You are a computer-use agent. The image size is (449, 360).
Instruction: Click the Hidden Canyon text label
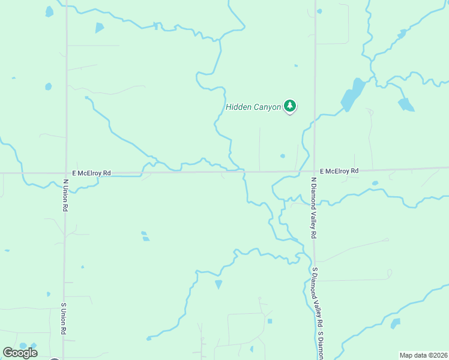(x=253, y=107)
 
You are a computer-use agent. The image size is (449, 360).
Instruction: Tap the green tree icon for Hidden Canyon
(x=291, y=106)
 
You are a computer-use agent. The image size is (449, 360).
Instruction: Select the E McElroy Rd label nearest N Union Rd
(x=91, y=173)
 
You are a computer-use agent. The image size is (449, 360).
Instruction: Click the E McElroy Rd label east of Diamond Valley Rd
(x=339, y=171)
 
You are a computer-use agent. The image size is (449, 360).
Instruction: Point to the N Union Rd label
(x=65, y=194)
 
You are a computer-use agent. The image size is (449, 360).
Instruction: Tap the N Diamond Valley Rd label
(x=313, y=208)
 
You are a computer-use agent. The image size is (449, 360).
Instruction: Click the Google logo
(x=20, y=352)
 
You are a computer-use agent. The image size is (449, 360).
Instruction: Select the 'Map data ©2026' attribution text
(x=424, y=355)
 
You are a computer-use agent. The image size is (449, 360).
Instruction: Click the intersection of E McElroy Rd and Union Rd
(x=65, y=173)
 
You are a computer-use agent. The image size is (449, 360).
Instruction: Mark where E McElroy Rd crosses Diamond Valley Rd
(x=315, y=172)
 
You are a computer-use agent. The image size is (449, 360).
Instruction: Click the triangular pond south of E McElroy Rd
(x=218, y=284)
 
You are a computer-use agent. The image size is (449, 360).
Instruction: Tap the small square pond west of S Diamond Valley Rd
(x=270, y=321)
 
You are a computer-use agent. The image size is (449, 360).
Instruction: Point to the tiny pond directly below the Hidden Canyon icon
(x=282, y=156)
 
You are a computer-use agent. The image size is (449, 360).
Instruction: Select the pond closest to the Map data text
(x=395, y=323)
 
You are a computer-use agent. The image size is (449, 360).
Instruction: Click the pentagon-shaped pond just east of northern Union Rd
(x=99, y=28)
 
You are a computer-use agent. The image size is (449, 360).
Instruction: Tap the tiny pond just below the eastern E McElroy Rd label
(x=375, y=183)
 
